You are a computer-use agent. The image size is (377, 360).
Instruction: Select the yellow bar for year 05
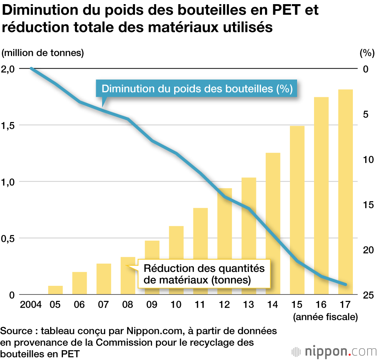tap(55, 290)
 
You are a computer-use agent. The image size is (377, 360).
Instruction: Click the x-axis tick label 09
tap(152, 305)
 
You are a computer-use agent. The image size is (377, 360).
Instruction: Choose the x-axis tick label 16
tap(321, 305)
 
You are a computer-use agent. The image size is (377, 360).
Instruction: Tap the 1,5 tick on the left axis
tap(8, 125)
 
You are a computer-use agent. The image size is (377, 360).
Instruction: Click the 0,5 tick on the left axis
tap(8, 238)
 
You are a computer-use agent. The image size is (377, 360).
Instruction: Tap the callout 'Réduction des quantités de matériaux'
tap(204, 274)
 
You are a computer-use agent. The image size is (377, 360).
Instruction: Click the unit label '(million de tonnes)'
tap(43, 53)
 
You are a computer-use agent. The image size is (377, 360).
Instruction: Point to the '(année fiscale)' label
tap(325, 317)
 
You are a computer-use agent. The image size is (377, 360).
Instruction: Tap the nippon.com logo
tap(335, 351)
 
